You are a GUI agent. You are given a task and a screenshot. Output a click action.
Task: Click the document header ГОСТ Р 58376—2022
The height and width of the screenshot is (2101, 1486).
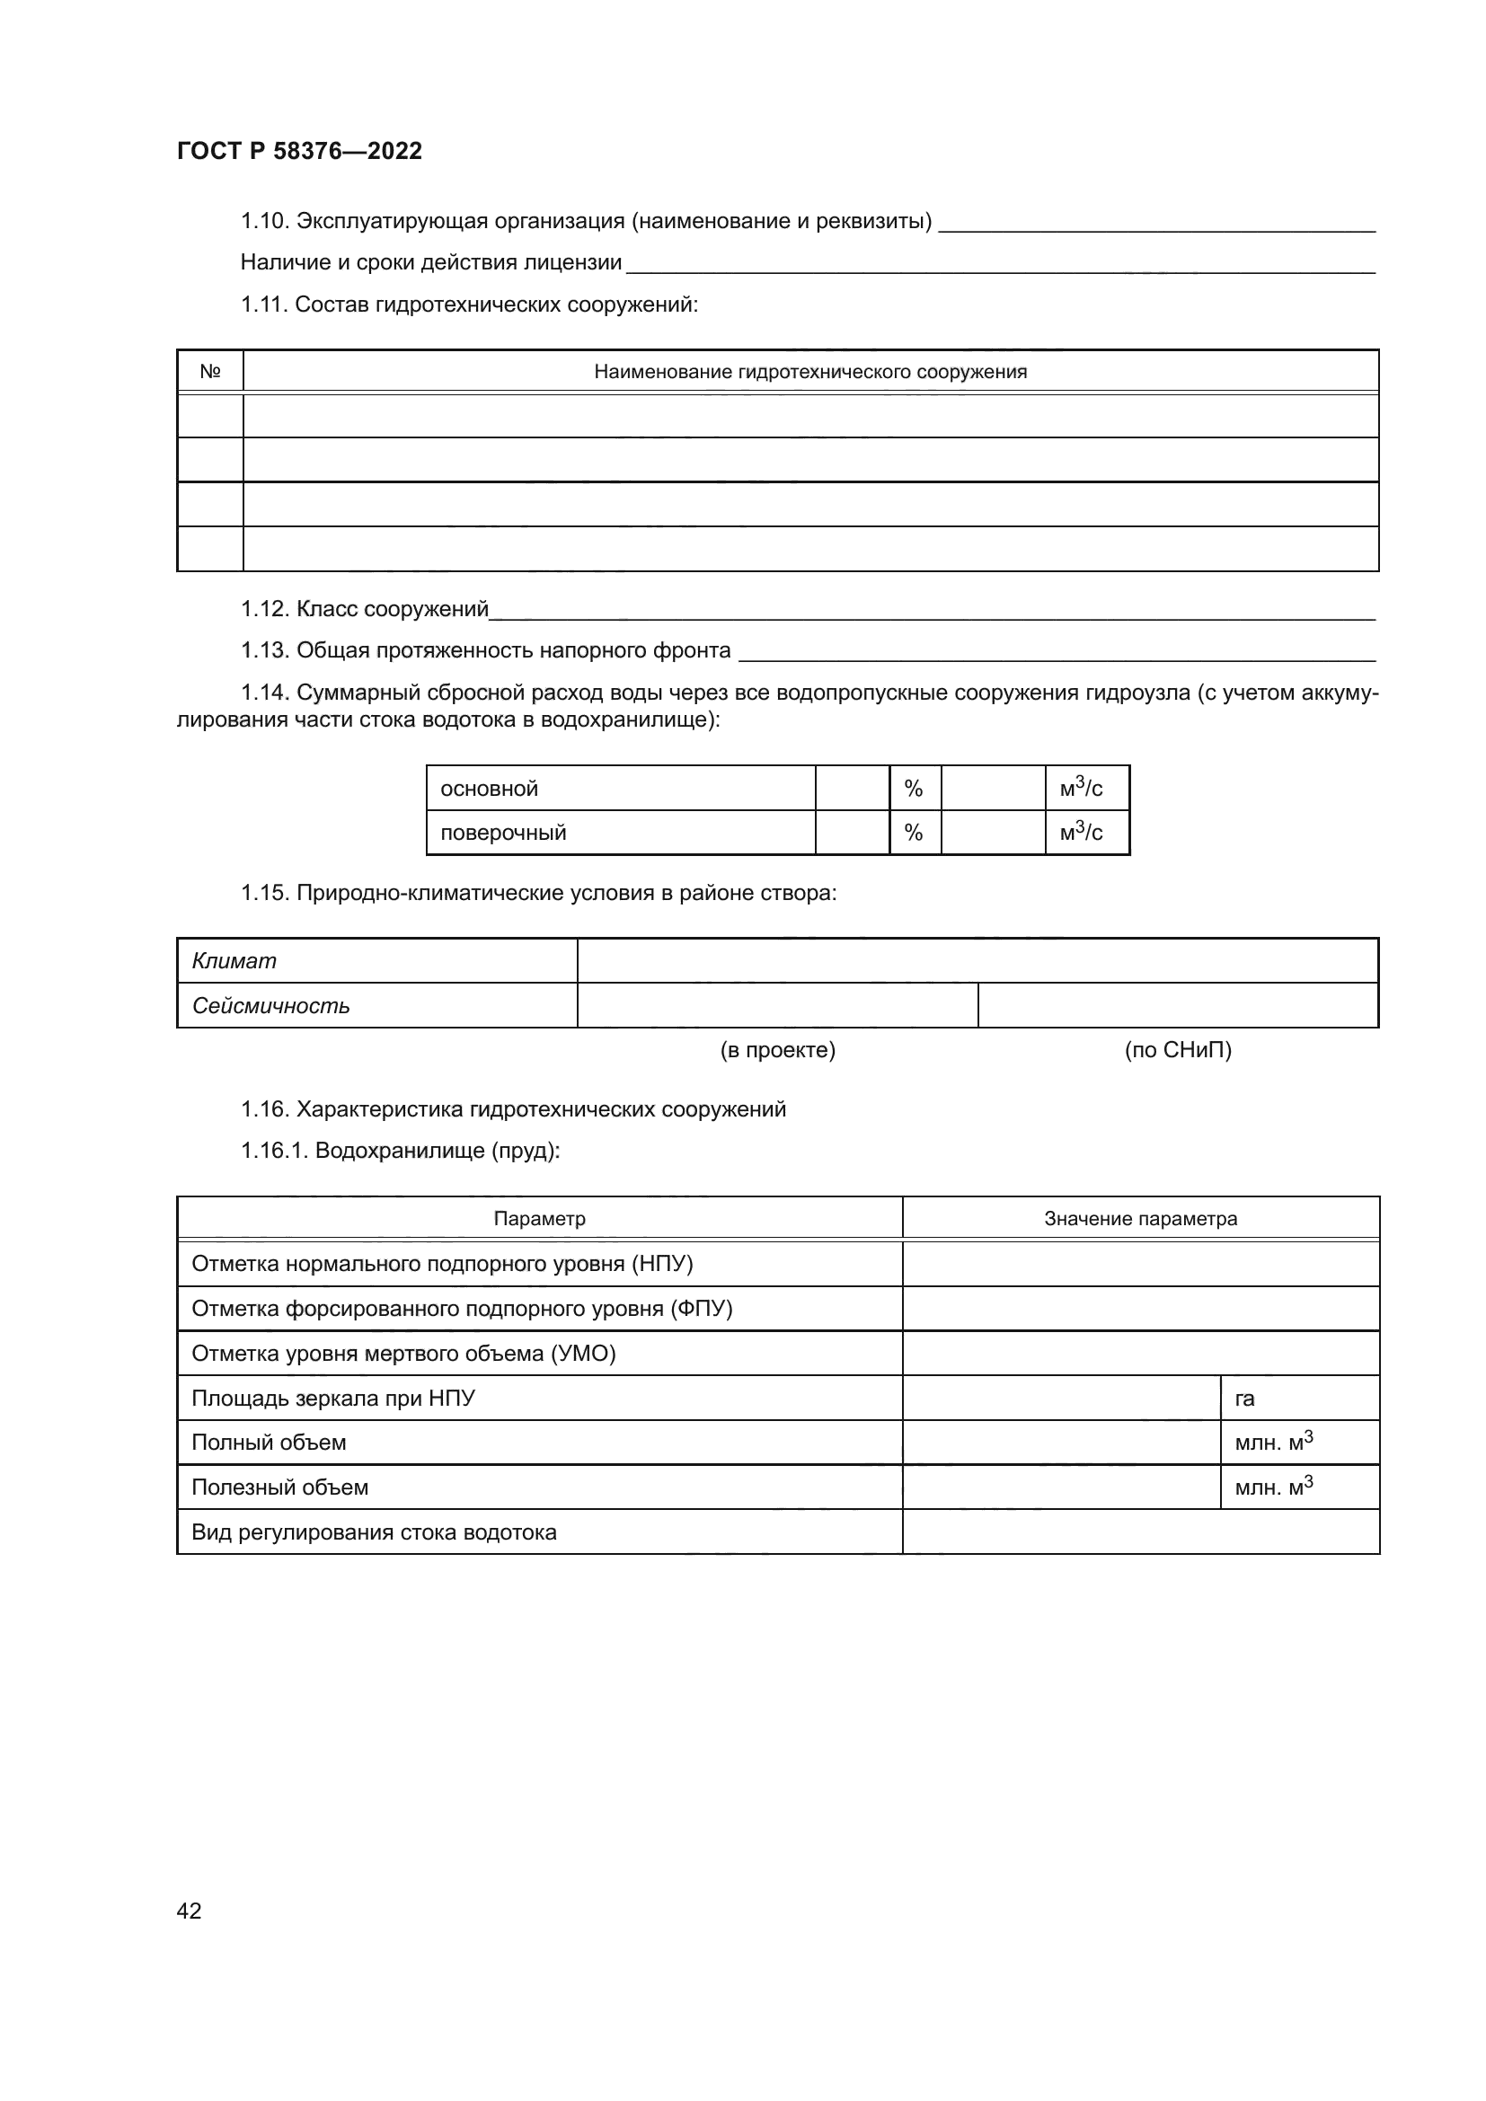(x=299, y=151)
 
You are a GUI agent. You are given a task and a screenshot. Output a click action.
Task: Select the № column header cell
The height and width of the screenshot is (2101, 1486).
(x=209, y=372)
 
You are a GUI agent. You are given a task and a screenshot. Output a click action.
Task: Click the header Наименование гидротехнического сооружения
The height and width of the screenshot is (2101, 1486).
(x=809, y=372)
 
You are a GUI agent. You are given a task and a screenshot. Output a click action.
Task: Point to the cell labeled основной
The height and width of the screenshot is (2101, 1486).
(x=490, y=789)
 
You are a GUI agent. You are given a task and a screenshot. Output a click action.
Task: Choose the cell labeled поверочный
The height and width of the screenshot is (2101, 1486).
(x=503, y=833)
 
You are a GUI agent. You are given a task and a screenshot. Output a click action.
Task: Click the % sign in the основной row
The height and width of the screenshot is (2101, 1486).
(x=913, y=789)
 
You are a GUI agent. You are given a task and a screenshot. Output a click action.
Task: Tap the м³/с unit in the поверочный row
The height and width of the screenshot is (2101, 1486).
(x=1081, y=832)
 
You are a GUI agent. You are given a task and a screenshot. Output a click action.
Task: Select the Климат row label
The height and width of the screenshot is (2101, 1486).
(x=234, y=961)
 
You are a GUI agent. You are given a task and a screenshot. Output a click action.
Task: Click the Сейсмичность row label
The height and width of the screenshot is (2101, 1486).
(x=270, y=1006)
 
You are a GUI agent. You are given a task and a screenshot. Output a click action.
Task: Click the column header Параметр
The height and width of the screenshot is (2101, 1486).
(x=539, y=1219)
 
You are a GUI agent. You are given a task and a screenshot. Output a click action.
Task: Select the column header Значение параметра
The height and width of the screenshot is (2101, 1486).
(x=1140, y=1219)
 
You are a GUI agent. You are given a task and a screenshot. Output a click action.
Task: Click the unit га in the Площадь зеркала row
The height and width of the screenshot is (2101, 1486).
(x=1244, y=1399)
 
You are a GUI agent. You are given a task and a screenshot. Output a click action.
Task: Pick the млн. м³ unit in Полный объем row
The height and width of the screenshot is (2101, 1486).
(x=1274, y=1443)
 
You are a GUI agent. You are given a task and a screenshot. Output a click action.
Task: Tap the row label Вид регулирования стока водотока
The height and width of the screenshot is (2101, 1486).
(x=374, y=1532)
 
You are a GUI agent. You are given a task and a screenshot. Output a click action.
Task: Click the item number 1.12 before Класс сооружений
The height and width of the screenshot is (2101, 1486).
(x=265, y=609)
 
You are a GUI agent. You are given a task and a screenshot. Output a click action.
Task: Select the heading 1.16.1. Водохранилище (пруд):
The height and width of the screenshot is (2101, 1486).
(x=400, y=1151)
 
